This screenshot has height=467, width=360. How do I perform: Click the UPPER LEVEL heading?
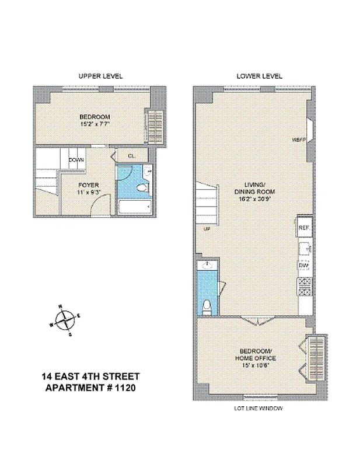coord(101,76)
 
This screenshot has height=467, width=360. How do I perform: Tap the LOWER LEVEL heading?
coord(259,76)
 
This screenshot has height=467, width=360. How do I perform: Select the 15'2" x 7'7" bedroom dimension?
coord(95,123)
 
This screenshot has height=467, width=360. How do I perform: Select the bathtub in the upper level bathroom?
coord(135,207)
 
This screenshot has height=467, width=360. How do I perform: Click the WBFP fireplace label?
coord(299,140)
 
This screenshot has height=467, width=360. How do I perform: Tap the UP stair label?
coord(207,229)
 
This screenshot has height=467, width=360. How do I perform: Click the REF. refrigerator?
coord(304,228)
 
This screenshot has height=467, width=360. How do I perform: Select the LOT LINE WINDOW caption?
coord(257,409)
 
